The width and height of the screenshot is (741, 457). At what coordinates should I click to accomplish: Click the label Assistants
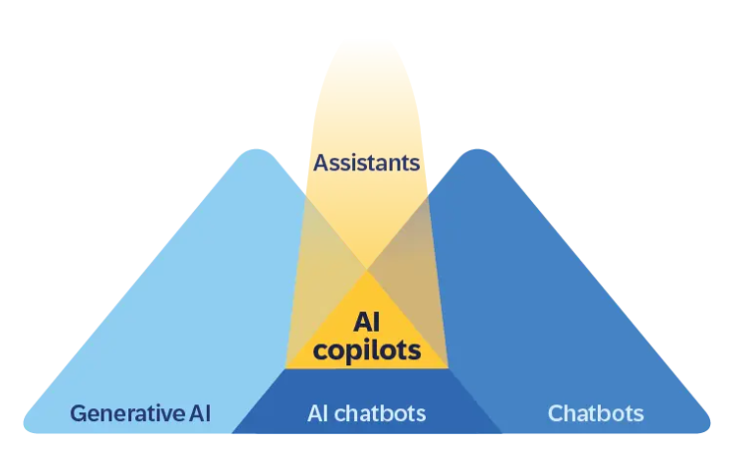coord(367,160)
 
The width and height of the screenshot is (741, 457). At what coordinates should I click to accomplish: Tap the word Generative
coord(117,413)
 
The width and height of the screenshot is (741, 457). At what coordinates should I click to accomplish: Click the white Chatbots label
coord(596,413)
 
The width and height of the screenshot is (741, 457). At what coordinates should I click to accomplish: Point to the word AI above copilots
coord(367,322)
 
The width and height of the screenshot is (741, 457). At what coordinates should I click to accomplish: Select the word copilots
coord(367,350)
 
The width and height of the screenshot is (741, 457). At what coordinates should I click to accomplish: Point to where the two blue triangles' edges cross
coord(367,270)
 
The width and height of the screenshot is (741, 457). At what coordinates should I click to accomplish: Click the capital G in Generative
coord(78,413)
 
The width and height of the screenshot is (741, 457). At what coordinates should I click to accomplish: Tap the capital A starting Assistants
coord(320,160)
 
